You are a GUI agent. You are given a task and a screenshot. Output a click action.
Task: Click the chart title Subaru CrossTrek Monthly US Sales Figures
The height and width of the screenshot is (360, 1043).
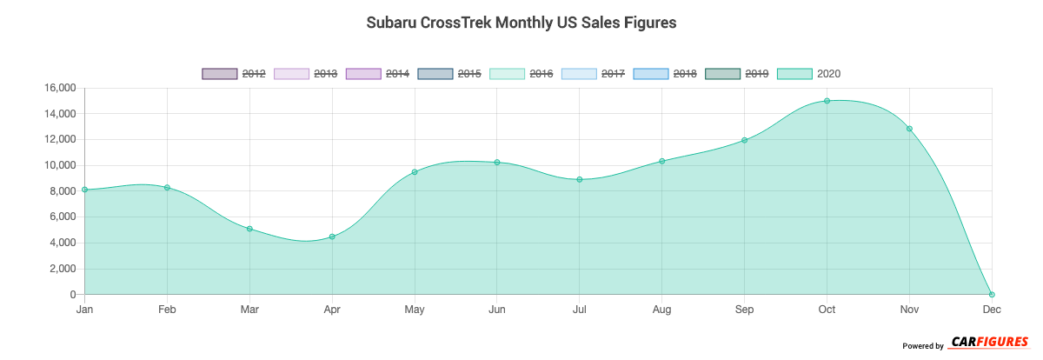click(x=521, y=23)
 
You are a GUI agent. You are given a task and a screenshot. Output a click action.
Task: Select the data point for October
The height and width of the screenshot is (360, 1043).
click(x=827, y=101)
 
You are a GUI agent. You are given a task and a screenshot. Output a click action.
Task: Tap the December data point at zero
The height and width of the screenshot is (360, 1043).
click(x=992, y=294)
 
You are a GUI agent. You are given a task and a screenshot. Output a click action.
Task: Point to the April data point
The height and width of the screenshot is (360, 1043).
click(x=332, y=237)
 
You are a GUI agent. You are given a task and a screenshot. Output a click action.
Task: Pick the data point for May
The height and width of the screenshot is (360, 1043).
click(x=415, y=172)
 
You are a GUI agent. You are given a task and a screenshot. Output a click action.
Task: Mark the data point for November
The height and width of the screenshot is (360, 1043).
click(x=909, y=129)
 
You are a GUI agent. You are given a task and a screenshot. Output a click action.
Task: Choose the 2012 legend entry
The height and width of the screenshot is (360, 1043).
click(x=234, y=74)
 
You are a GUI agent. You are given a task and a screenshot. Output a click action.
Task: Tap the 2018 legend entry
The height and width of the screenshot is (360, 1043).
click(x=665, y=74)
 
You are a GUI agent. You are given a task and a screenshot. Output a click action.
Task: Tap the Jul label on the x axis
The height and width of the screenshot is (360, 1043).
click(x=579, y=310)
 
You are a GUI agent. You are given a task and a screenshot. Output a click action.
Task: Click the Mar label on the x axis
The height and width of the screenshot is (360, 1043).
click(x=249, y=310)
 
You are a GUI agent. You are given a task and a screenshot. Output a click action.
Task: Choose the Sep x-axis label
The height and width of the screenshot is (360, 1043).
click(x=744, y=310)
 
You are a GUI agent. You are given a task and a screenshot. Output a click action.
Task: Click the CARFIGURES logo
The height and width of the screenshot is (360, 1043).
click(x=989, y=343)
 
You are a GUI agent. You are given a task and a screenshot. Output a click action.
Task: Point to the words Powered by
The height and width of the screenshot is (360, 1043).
click(x=922, y=346)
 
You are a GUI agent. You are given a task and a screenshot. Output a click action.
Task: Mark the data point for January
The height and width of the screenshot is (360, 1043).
click(x=84, y=190)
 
